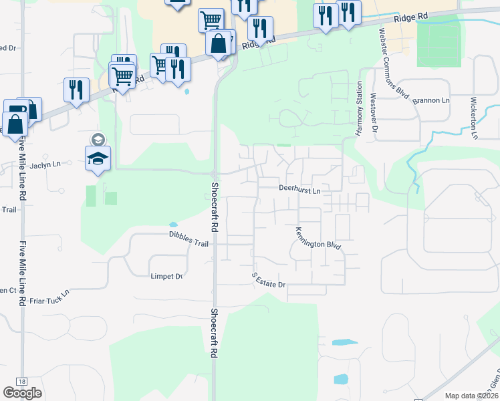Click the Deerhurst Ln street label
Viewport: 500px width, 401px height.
[x=300, y=190]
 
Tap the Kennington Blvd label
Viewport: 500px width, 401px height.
[x=318, y=239]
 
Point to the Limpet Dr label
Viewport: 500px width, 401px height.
[x=167, y=276]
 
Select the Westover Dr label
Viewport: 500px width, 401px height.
[x=374, y=114]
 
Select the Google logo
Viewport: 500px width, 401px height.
[x=23, y=393]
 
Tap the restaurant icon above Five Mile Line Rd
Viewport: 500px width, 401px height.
[x=76, y=90]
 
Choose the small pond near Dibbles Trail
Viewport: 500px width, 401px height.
[x=174, y=225]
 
